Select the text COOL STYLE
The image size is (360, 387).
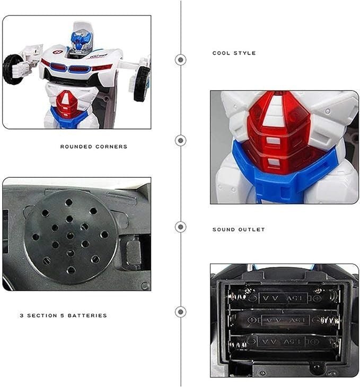click(x=234, y=53)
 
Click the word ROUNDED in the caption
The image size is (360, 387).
click(x=76, y=147)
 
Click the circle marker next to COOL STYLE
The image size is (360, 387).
click(x=181, y=59)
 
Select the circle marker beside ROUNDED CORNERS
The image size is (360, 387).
click(x=181, y=141)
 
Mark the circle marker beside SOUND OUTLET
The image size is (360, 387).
click(x=181, y=227)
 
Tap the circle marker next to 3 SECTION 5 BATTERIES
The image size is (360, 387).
click(x=181, y=312)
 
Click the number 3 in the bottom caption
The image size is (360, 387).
click(x=21, y=315)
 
